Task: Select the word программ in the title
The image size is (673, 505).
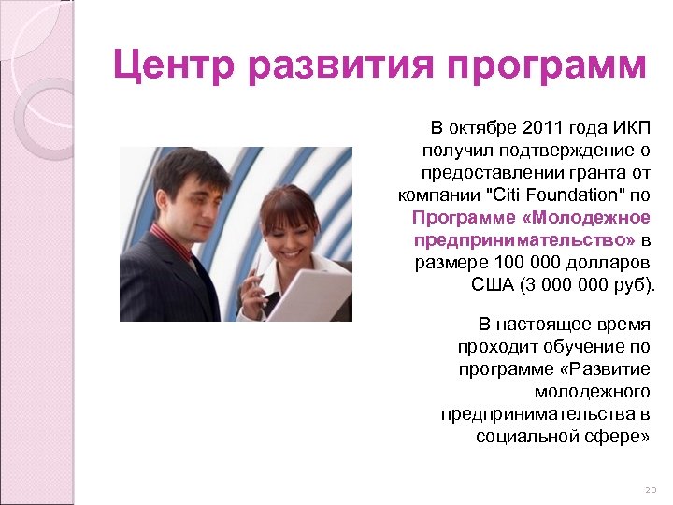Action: click(x=546, y=66)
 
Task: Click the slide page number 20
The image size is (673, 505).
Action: click(x=652, y=490)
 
